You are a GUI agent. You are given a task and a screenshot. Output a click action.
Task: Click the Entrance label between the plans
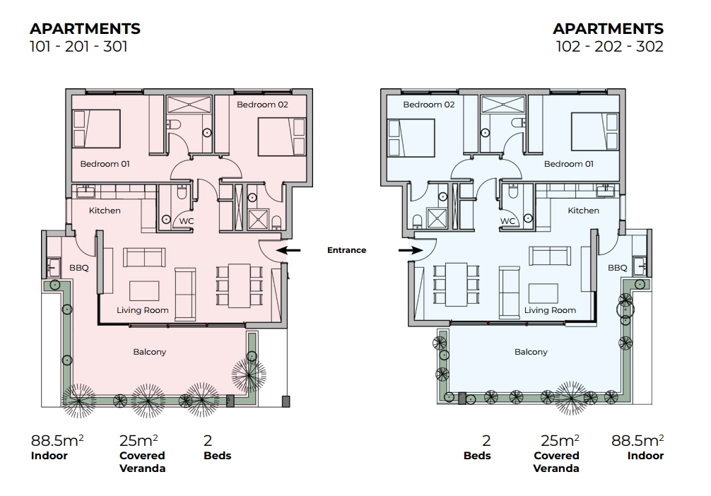pyautogui.click(x=346, y=250)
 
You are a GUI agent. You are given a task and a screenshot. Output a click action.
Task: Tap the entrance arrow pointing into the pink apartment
pyautogui.click(x=288, y=250)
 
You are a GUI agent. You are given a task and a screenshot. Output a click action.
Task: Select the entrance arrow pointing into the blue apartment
pyautogui.click(x=411, y=250)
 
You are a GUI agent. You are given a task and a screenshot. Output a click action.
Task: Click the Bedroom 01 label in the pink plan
pyautogui.click(x=105, y=164)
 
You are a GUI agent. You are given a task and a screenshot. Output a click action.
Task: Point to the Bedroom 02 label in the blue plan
pyautogui.click(x=428, y=105)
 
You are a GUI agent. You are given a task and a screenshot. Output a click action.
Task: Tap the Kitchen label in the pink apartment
pyautogui.click(x=105, y=211)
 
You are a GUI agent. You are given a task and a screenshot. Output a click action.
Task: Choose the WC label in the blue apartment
pyautogui.click(x=507, y=220)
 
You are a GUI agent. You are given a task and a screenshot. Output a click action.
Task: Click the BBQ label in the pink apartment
pyautogui.click(x=79, y=268)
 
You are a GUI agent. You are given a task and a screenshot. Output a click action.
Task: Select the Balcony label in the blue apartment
pyautogui.click(x=531, y=352)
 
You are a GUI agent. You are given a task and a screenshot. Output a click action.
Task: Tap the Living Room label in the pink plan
pyautogui.click(x=142, y=310)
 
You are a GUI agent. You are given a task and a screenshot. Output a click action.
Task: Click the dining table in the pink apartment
pyautogui.click(x=239, y=285)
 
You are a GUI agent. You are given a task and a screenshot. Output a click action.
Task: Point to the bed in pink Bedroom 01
pyautogui.click(x=96, y=129)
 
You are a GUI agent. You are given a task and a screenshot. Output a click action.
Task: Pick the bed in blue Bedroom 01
pyautogui.click(x=595, y=132)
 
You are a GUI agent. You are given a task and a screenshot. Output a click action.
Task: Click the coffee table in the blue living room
pyautogui.click(x=543, y=294)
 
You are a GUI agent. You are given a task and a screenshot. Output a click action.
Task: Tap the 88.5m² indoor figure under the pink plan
pyautogui.click(x=57, y=440)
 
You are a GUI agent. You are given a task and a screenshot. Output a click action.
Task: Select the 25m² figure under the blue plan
pyautogui.click(x=560, y=440)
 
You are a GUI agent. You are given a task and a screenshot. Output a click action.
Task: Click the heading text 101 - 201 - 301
pyautogui.click(x=79, y=46)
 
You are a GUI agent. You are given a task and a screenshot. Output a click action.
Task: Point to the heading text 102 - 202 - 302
pyautogui.click(x=610, y=46)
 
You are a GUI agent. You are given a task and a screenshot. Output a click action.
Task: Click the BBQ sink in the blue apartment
pyautogui.click(x=640, y=266)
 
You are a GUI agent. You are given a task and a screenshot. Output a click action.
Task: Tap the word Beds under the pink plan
pyautogui.click(x=217, y=456)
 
